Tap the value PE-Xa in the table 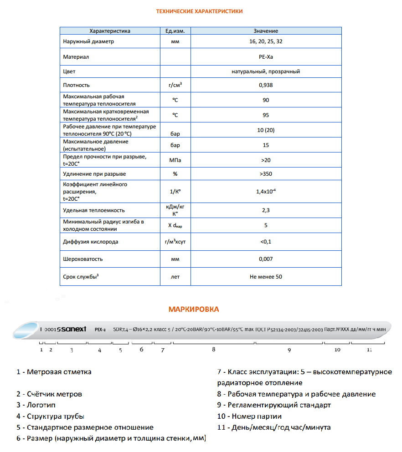click(265, 57)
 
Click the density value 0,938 click(265, 85)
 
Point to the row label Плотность click(77, 85)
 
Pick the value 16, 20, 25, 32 click(265, 41)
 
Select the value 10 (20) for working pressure click(265, 130)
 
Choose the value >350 click(265, 174)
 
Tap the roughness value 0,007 click(265, 259)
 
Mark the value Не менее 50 click(265, 276)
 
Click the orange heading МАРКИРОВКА click(194, 310)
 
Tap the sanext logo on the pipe click(72, 329)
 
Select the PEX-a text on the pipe click(100, 329)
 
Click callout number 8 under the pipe click(213, 350)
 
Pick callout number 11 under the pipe click(369, 350)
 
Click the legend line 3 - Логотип click(36, 405)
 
